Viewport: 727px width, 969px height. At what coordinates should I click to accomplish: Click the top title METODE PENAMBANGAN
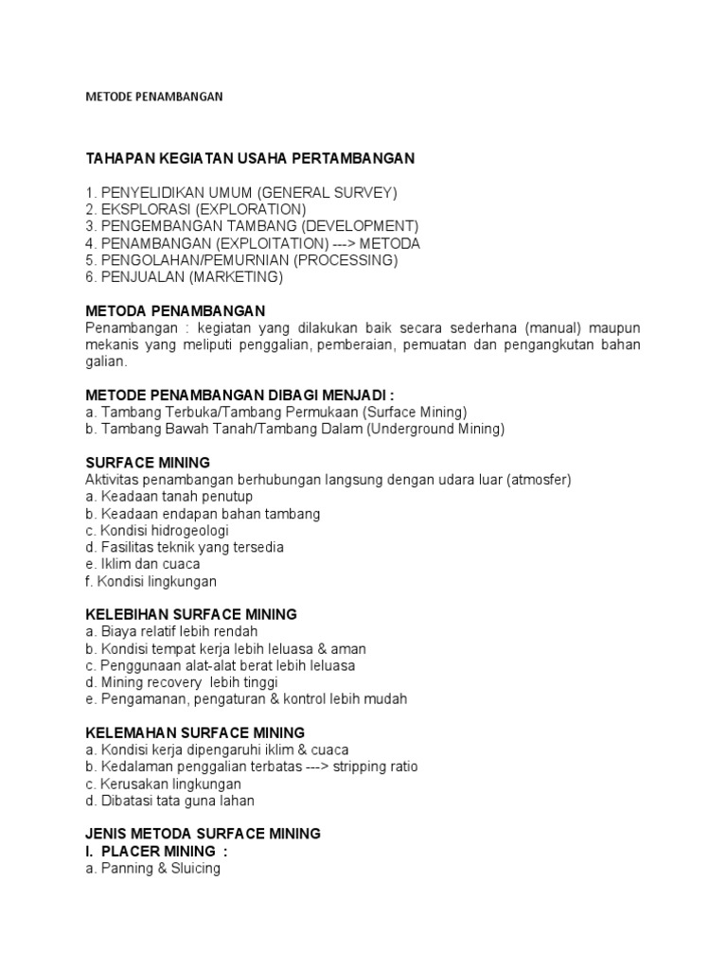pyautogui.click(x=153, y=97)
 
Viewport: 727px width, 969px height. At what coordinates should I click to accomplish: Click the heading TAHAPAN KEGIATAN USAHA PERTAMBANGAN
pyautogui.click(x=250, y=157)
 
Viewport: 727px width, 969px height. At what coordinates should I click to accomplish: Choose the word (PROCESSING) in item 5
pyautogui.click(x=346, y=260)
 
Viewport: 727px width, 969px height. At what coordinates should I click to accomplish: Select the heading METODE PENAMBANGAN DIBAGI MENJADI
pyautogui.click(x=239, y=395)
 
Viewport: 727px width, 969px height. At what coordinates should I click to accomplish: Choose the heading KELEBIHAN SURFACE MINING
pyautogui.click(x=190, y=614)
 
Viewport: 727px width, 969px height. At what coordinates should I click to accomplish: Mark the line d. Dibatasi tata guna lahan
pyautogui.click(x=169, y=802)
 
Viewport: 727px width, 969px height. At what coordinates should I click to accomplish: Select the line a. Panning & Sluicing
pyautogui.click(x=152, y=868)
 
